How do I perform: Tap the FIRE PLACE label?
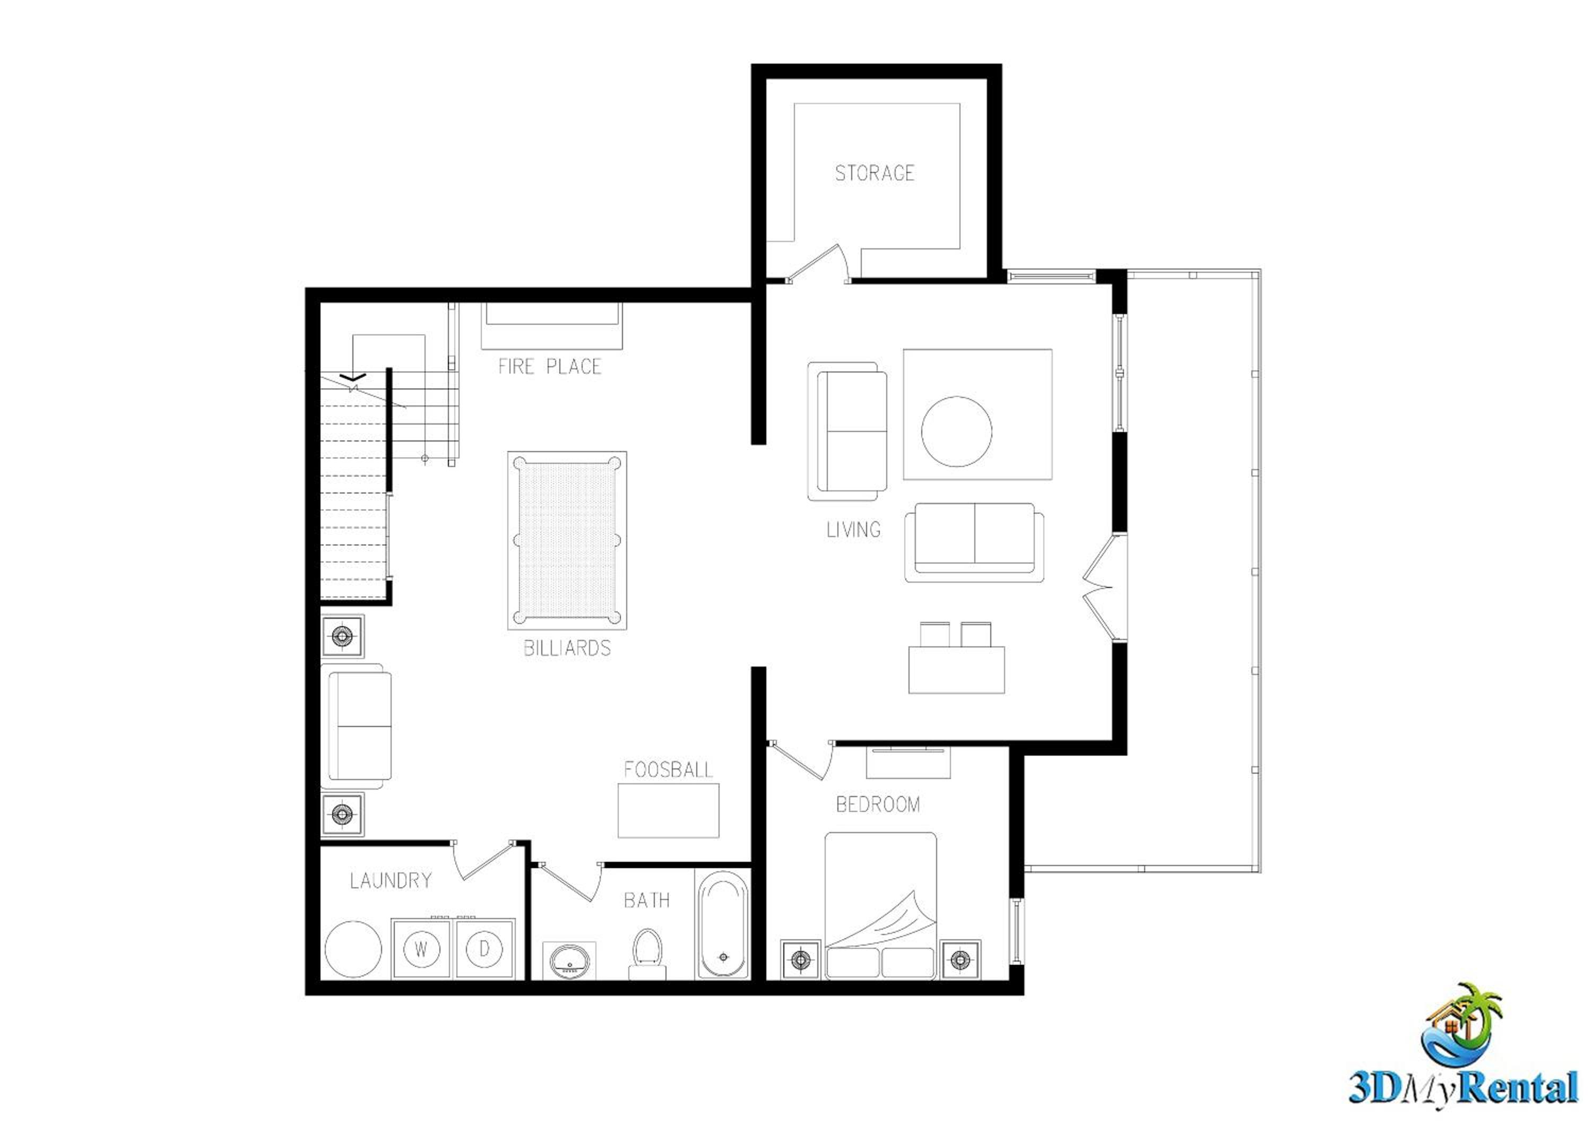[549, 366]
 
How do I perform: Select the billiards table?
[567, 541]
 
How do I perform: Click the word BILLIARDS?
[567, 648]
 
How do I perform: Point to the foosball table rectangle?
[669, 810]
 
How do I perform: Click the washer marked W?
[421, 948]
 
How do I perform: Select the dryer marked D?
[484, 948]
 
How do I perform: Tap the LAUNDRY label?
[391, 881]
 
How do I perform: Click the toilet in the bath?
[647, 955]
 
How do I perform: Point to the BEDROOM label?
[878, 804]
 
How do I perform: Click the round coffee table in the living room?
[957, 431]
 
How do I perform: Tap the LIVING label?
[853, 530]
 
